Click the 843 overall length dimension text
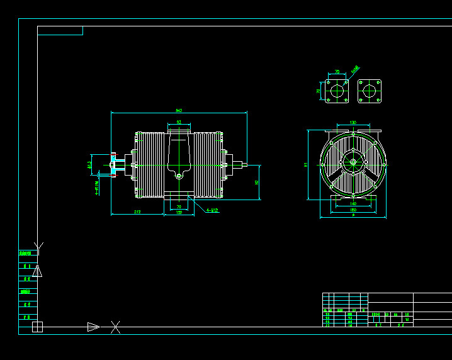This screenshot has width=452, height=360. pos(179,110)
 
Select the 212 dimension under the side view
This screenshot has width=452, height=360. pos(137,211)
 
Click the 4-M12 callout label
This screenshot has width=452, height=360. pos(212,211)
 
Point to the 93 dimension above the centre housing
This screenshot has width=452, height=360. pos(179,122)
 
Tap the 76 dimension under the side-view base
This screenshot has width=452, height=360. pos(179,206)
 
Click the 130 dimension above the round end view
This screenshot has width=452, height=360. pos(353,122)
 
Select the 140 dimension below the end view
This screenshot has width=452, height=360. pos(353,204)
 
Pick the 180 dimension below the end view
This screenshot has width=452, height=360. pos(353,210)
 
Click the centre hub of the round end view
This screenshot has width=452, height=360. pos(353,163)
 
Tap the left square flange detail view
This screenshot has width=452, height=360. pos(337,91)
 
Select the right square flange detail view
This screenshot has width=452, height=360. pos(370,91)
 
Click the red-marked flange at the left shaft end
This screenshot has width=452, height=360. pos(113,166)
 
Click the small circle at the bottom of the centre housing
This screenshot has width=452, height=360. pos(179,177)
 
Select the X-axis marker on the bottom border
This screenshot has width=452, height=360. pos(115,327)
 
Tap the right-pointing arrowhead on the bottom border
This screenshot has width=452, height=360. pos(93,327)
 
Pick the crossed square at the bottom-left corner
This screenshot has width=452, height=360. pos(37,327)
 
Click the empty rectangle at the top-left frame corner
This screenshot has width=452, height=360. pos(60,30)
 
